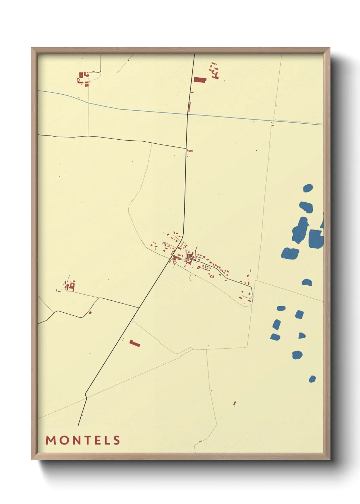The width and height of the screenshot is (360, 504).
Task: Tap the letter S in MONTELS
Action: point(117,440)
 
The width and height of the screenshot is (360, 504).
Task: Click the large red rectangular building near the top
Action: point(200,80)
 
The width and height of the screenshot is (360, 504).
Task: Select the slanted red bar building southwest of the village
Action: point(135,343)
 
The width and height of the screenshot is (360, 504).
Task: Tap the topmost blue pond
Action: point(308,188)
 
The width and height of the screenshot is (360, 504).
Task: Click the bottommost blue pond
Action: point(312,379)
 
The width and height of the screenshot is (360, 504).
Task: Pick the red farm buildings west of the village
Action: point(70,286)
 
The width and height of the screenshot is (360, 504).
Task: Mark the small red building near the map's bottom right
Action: point(234,403)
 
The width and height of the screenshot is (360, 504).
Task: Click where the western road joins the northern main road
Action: point(186,148)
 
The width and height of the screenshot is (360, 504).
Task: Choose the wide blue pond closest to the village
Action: point(290,253)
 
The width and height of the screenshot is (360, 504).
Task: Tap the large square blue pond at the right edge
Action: point(315,238)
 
